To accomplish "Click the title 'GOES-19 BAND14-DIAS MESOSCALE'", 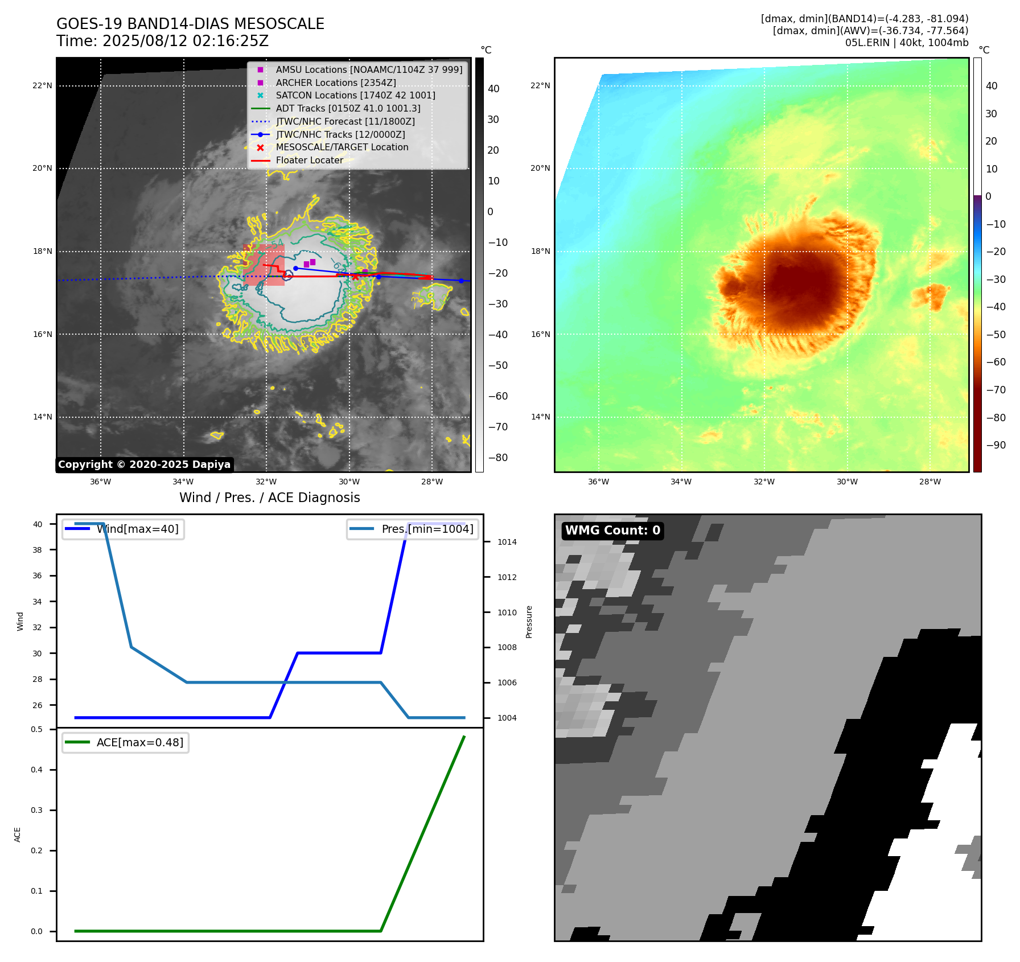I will click(x=190, y=24).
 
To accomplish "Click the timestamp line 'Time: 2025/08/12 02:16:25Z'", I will click(x=162, y=41).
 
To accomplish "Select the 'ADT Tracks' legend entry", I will click(x=348, y=108).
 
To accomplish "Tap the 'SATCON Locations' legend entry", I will click(x=355, y=95).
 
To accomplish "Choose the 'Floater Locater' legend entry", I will click(x=309, y=160).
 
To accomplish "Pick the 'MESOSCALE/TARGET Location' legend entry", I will click(x=342, y=147).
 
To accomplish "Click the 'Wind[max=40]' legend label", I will click(x=137, y=529).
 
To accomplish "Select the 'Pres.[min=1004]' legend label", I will click(x=427, y=529).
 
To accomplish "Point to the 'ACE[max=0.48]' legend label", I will click(x=139, y=742).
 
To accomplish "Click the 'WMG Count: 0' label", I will click(x=612, y=531).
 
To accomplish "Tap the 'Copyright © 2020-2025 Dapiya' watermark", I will click(x=144, y=464).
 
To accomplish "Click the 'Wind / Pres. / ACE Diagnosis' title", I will click(x=269, y=498).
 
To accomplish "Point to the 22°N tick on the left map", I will click(x=42, y=85).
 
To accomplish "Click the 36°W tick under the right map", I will click(x=598, y=482).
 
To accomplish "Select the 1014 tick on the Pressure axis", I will click(x=507, y=542).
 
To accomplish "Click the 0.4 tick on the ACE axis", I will click(x=36, y=770).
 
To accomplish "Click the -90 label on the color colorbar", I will click(x=996, y=445).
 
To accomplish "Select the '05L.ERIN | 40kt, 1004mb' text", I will click(x=906, y=43).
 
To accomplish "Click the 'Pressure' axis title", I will click(x=529, y=621).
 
